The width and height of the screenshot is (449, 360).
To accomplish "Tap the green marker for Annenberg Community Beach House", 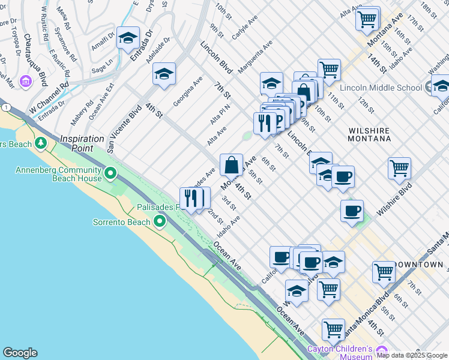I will (x=110, y=174).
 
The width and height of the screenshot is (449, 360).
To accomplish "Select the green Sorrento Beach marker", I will (x=160, y=222).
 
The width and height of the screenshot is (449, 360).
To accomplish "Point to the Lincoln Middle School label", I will (x=381, y=88).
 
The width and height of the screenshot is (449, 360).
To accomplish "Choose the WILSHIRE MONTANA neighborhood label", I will (x=369, y=134).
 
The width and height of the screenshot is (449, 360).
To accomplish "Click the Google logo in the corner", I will (x=20, y=353).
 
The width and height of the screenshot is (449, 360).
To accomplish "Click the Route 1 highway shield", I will (x=6, y=106).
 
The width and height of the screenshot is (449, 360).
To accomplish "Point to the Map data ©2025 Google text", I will (x=412, y=355).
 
